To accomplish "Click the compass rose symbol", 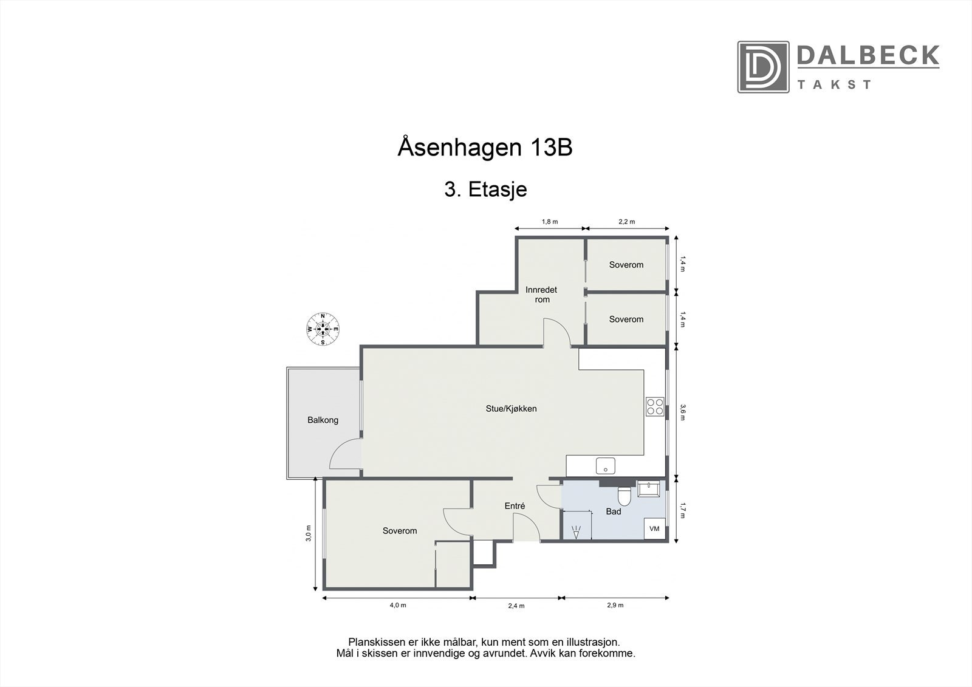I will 323,329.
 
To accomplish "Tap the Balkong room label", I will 323,420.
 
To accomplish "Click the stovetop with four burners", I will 655,406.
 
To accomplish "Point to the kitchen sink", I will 606,466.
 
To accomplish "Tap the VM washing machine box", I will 654,528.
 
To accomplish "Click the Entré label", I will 515,506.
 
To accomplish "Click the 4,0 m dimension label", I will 397,605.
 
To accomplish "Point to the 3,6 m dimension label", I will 683,412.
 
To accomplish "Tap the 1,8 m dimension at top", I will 549,222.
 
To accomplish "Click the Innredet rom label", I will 541,295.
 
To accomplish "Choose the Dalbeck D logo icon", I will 763,67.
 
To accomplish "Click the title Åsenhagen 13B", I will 485,148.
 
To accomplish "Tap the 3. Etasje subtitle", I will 485,190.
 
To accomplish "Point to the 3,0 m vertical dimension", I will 309,533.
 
